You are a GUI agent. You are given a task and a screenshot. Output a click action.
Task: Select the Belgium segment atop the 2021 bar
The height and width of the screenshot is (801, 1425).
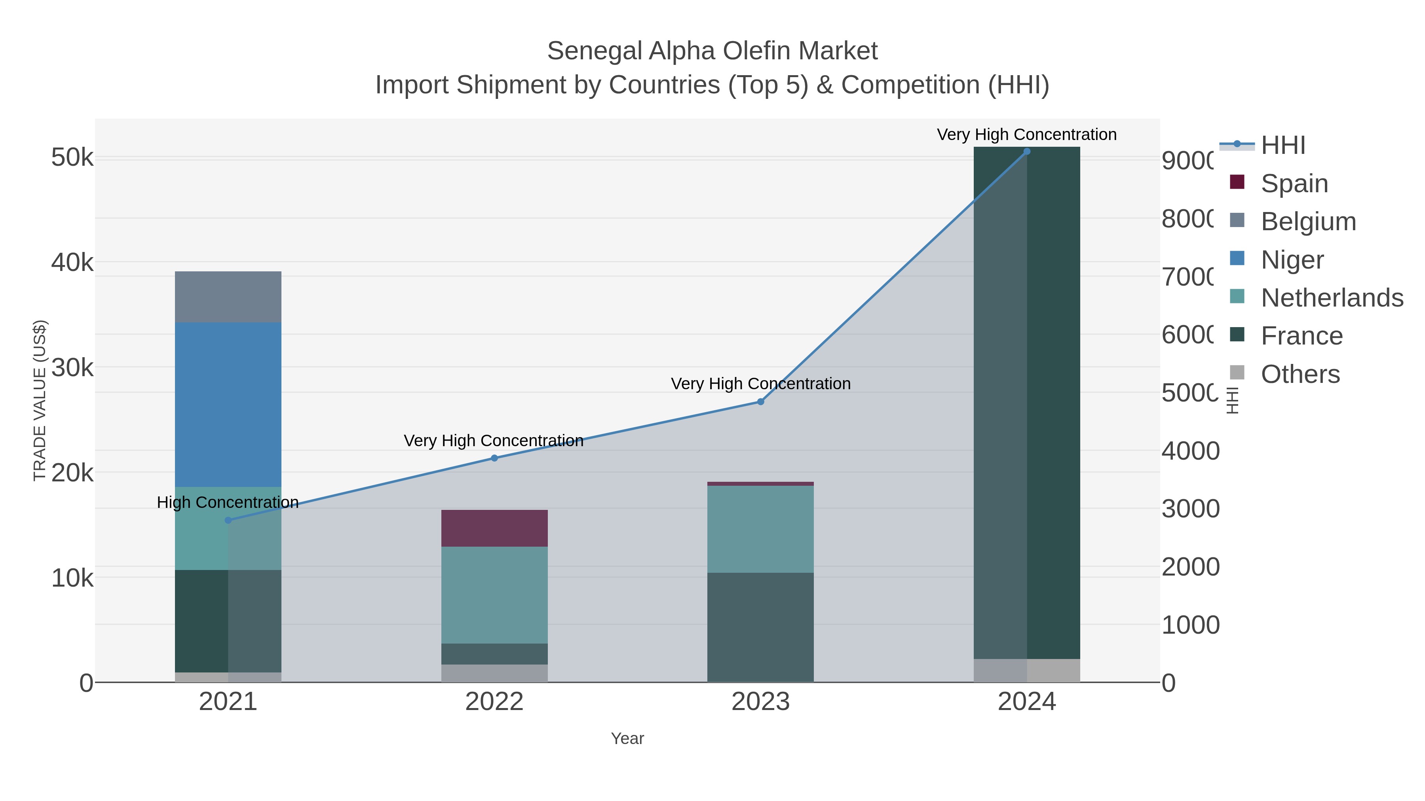[x=228, y=297]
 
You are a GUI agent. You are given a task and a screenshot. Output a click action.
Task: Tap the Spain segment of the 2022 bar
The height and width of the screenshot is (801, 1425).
[x=494, y=528]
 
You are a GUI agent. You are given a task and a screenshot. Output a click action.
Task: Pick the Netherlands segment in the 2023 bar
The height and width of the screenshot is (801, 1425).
[x=760, y=529]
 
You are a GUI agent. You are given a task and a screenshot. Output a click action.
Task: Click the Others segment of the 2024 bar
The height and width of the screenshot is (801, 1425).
[x=1027, y=670]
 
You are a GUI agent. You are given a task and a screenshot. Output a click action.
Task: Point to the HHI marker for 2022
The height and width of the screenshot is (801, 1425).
[x=494, y=458]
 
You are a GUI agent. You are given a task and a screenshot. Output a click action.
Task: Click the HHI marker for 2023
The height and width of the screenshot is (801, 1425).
[x=760, y=401]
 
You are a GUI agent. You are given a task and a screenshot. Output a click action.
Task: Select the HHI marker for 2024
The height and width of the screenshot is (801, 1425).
[x=1027, y=151]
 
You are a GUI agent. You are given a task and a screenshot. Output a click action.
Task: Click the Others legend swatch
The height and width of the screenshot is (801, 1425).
[x=1237, y=373]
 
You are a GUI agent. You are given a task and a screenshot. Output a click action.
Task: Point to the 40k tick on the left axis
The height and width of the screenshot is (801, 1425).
[x=72, y=263]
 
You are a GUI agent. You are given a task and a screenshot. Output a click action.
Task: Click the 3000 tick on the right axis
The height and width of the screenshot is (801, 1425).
[x=1190, y=509]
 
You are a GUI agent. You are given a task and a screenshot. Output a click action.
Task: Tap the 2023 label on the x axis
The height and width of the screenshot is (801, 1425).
[x=760, y=701]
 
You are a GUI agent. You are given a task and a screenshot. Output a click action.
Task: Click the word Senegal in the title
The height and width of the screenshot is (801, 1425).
[x=595, y=51]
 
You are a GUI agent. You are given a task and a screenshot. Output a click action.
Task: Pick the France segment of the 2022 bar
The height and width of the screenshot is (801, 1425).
[x=494, y=653]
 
